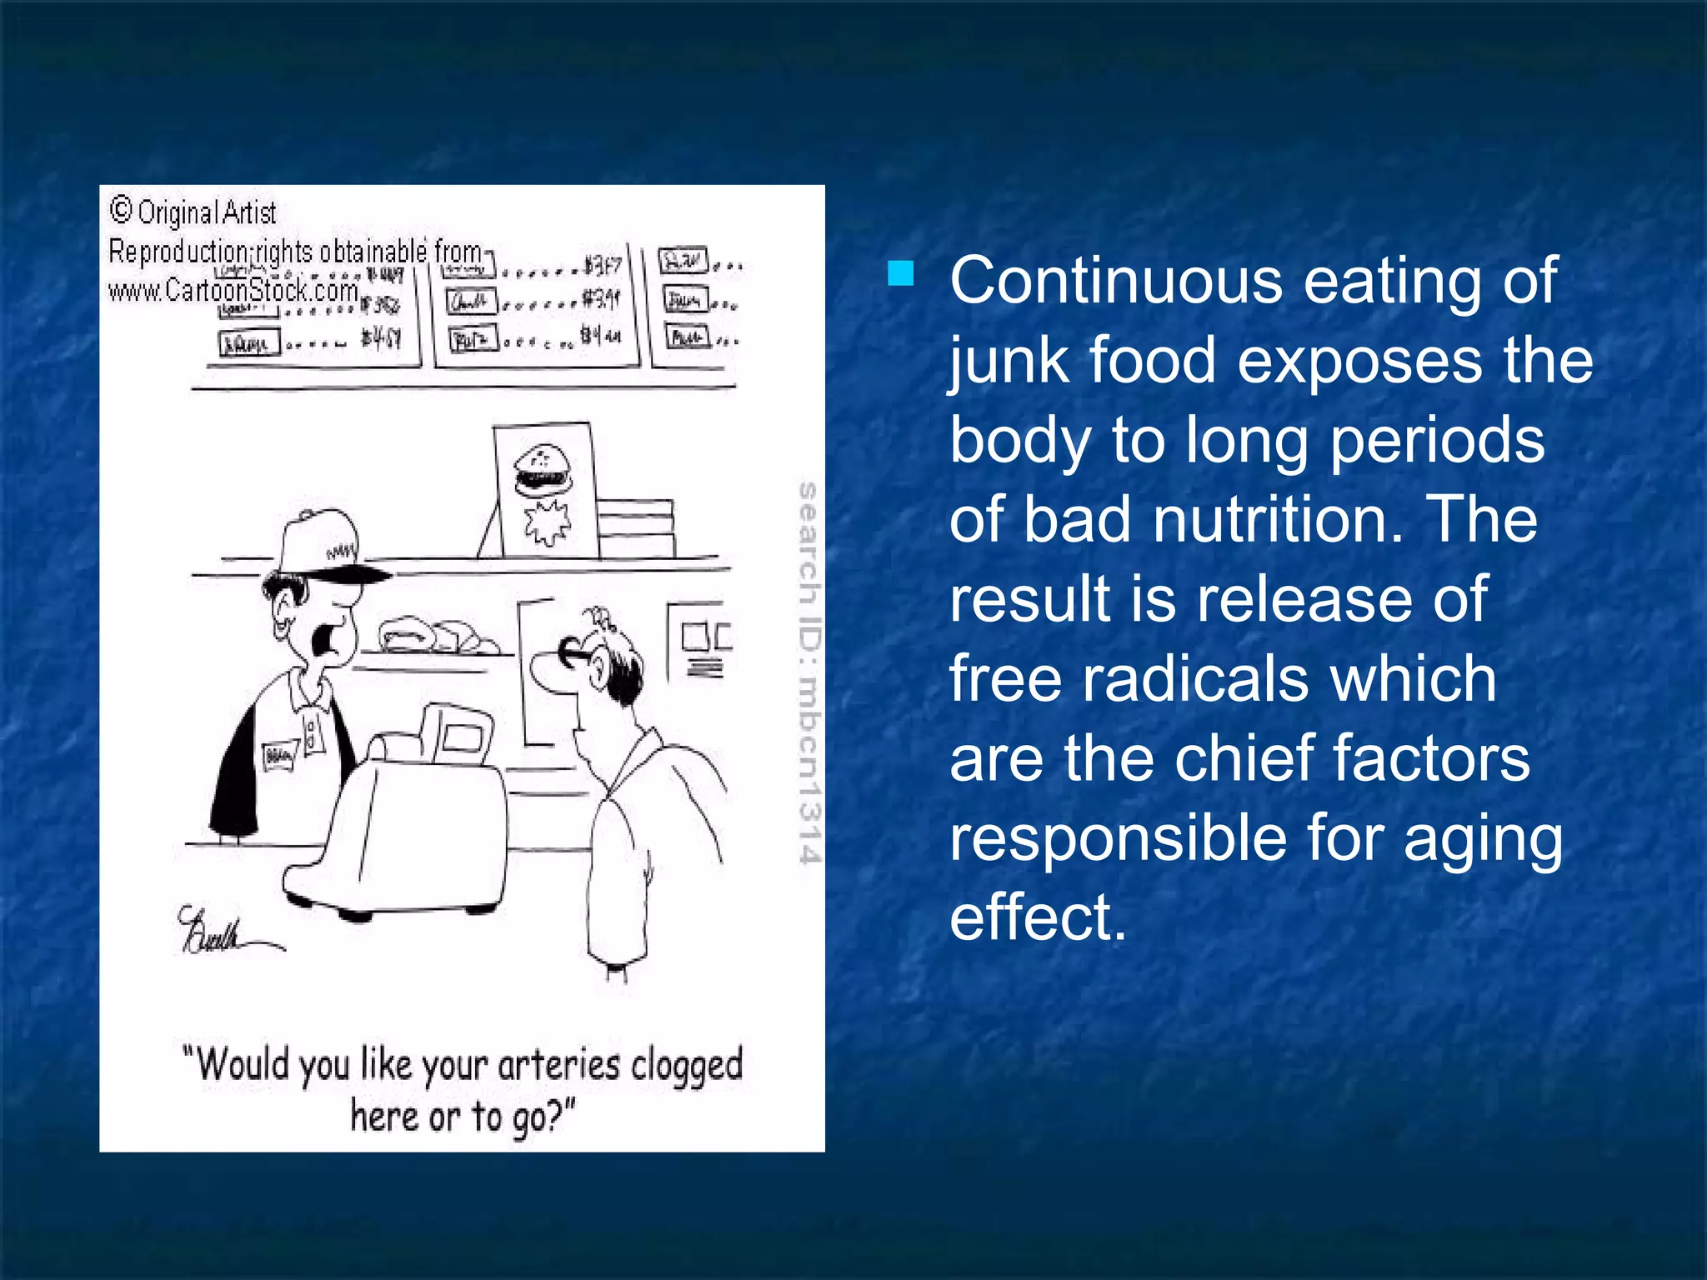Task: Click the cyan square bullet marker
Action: tap(901, 273)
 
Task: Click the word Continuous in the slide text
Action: tap(1115, 281)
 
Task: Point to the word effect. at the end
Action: tap(1038, 917)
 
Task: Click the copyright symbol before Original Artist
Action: tap(121, 210)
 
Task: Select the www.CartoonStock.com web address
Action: tap(233, 290)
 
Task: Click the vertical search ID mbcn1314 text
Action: tap(808, 672)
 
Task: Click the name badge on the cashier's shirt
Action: tap(278, 756)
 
